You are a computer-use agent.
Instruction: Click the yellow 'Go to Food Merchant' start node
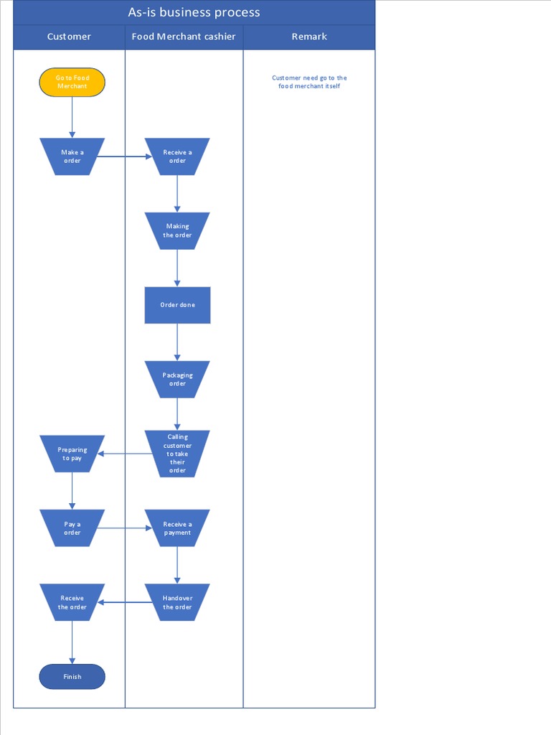click(72, 82)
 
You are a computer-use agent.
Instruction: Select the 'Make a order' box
click(72, 156)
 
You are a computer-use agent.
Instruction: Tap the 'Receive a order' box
click(177, 156)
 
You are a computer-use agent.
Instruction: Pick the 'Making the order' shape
click(177, 230)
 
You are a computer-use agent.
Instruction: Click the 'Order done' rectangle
click(177, 305)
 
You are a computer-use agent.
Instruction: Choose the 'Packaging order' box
click(177, 379)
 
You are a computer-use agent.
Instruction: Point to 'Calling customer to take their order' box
click(177, 454)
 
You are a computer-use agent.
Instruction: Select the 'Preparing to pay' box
click(72, 454)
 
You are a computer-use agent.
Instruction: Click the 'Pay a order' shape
click(72, 528)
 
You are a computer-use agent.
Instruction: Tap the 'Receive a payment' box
click(177, 528)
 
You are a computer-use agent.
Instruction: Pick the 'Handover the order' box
click(177, 602)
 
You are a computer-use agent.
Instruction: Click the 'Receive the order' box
click(72, 602)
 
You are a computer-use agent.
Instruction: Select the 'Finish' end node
click(72, 676)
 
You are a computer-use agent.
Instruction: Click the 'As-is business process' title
click(194, 12)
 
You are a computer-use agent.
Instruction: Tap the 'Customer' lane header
click(69, 37)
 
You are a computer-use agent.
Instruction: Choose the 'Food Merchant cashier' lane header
click(184, 37)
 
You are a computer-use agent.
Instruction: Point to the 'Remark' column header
click(309, 37)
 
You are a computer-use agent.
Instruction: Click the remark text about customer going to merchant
click(309, 82)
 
